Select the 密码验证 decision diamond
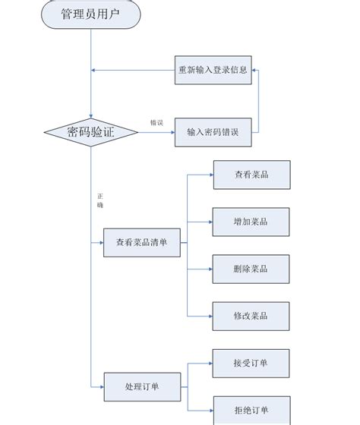tap(90, 132)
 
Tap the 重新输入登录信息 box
tap(213, 70)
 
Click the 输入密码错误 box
tap(213, 132)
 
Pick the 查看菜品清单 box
tap(142, 243)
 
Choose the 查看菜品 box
tap(251, 175)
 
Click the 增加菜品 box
tap(251, 222)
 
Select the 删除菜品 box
tap(251, 269)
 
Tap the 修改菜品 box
tap(251, 316)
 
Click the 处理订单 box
tap(142, 386)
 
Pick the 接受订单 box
tap(251, 363)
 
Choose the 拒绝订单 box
tap(251, 410)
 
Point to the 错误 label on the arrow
tap(156, 122)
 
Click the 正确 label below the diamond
tap(99, 200)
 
